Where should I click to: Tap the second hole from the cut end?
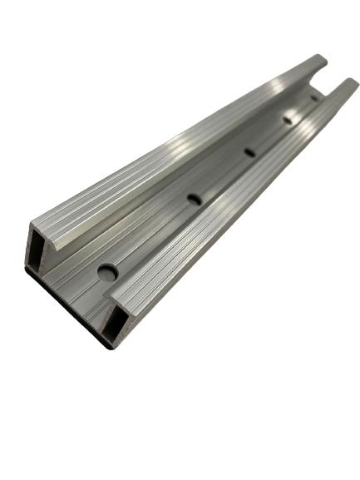pos(195,199)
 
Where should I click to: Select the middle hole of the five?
pos(249,152)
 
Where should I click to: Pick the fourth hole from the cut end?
pos(288,120)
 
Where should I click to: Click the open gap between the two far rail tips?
pos(329,79)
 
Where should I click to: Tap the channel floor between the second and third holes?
pos(223,176)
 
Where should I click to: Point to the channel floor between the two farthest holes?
pos(302,109)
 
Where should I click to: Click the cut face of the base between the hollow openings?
pos(75,287)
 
